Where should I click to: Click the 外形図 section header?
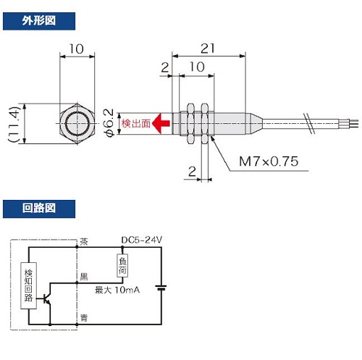[x=39, y=21]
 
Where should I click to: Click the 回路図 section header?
[x=39, y=209]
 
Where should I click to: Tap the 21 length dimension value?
[x=208, y=49]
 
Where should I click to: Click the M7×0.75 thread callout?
[x=269, y=162]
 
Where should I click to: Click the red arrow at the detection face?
[x=161, y=123]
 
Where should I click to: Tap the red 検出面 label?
[x=136, y=123]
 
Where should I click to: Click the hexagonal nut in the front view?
[x=77, y=124]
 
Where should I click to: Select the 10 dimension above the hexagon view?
[x=77, y=49]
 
